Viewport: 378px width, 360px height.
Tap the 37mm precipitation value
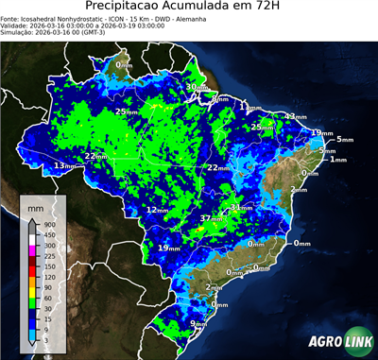[x=209, y=218]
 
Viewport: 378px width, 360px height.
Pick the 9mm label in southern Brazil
[x=198, y=324]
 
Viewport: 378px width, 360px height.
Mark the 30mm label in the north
[x=195, y=87]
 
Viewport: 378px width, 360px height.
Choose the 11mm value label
[x=249, y=105]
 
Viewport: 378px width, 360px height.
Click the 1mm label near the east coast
[x=337, y=160]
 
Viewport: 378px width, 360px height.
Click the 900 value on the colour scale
[x=48, y=224]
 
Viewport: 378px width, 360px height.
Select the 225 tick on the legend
[x=48, y=255]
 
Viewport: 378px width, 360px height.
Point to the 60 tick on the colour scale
[x=47, y=297]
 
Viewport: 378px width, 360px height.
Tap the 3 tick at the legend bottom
[x=46, y=338]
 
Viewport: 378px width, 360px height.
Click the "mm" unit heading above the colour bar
[x=35, y=205]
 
